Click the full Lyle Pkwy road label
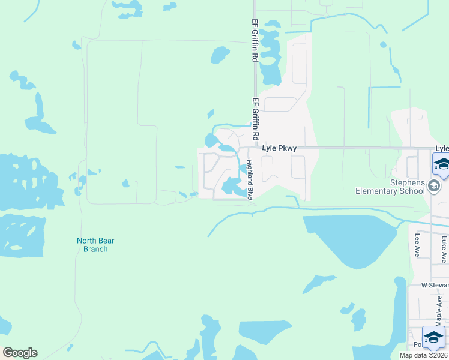click(279, 148)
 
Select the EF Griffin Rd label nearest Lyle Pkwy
click(255, 120)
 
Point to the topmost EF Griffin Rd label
click(255, 41)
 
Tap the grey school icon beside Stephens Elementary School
click(435, 187)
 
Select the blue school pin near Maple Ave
click(433, 337)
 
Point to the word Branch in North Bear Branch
click(95, 249)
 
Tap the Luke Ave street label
click(444, 248)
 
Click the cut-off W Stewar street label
click(435, 285)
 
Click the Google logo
click(20, 353)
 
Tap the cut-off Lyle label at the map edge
click(442, 148)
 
